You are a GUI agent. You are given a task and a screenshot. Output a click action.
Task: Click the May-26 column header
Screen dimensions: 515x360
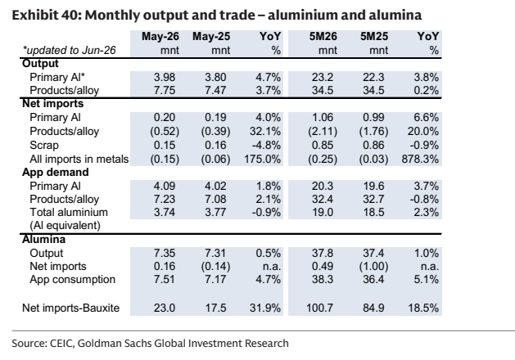pyautogui.click(x=160, y=37)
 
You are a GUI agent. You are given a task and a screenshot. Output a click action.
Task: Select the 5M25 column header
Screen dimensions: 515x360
pyautogui.click(x=374, y=37)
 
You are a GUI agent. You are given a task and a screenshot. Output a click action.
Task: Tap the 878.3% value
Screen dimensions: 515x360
pyautogui.click(x=420, y=160)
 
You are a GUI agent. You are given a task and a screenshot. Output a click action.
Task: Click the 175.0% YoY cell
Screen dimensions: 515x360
pyautogui.click(x=263, y=160)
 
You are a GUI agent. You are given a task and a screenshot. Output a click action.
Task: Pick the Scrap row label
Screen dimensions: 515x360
pyautogui.click(x=44, y=146)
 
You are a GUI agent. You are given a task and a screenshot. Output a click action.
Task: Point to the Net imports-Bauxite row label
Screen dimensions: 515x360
pyautogui.click(x=70, y=308)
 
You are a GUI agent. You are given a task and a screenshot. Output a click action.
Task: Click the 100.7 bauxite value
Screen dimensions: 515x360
pyautogui.click(x=319, y=308)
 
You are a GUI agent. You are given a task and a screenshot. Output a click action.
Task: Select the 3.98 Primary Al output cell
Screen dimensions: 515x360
pyautogui.click(x=165, y=78)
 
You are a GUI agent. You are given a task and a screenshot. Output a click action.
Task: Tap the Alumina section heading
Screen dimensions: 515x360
pyautogui.click(x=43, y=239)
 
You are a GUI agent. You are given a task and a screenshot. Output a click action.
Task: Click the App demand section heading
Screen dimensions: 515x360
pyautogui.click(x=55, y=173)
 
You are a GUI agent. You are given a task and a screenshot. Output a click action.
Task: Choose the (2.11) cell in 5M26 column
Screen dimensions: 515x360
pyautogui.click(x=323, y=132)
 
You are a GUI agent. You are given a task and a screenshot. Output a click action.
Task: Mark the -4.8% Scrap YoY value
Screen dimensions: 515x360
pyautogui.click(x=266, y=146)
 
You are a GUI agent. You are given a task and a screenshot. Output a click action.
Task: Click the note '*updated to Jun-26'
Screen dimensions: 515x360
pyautogui.click(x=69, y=50)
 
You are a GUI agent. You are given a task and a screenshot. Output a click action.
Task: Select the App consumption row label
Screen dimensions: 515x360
pyautogui.click(x=72, y=280)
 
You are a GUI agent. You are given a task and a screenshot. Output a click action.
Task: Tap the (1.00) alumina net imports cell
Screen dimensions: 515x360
pyautogui.click(x=374, y=267)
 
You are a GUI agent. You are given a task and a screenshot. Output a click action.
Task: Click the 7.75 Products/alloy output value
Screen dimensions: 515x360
pyautogui.click(x=165, y=91)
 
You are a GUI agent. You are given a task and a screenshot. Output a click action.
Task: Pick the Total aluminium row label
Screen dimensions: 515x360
pyautogui.click(x=69, y=213)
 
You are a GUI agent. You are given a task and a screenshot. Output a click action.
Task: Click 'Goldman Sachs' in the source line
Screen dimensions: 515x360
pyautogui.click(x=115, y=344)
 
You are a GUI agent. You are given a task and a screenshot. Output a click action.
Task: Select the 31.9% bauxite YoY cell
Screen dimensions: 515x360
pyautogui.click(x=265, y=308)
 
